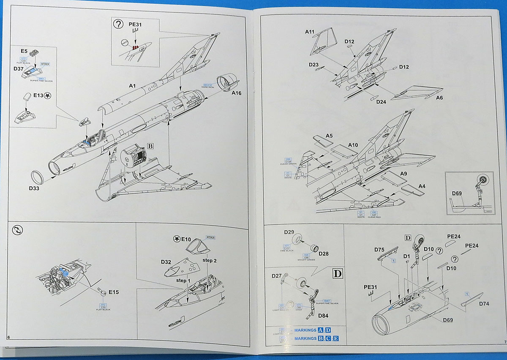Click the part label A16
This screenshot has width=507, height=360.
236,93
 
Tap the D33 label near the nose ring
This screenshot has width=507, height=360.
34,188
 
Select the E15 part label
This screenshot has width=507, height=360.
113,292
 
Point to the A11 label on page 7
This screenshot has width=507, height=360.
311,32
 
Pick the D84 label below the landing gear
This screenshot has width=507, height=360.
323,315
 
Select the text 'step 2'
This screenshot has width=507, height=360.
210,260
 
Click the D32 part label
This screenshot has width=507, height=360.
166,262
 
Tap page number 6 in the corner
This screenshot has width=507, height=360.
9,337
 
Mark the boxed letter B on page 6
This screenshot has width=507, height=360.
150,146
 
